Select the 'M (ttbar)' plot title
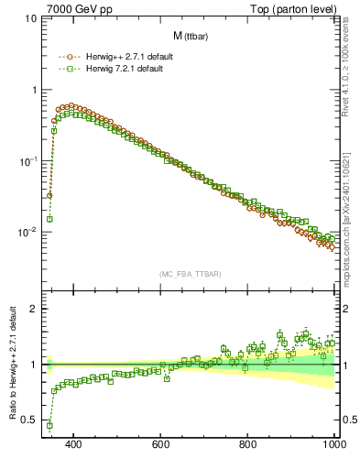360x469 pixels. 191,36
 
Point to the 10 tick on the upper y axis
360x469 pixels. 30,18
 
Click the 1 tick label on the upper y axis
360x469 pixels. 33,90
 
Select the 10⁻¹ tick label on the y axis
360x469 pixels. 27,160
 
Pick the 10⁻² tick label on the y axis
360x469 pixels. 27,232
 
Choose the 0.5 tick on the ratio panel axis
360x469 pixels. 29,420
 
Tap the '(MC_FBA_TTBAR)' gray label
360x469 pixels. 190,273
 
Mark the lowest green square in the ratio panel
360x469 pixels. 49,425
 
